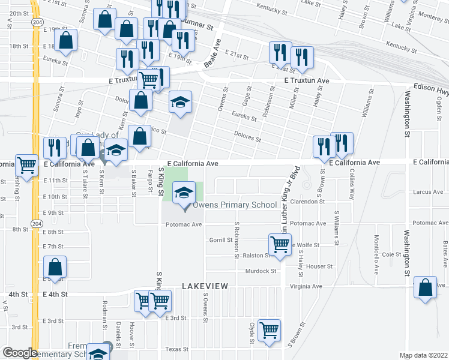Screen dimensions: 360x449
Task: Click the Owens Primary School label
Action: tap(234, 205)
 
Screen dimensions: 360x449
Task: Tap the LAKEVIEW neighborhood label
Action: tap(205, 287)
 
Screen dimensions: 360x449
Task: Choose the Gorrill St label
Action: tap(221, 240)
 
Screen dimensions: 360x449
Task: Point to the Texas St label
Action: tap(177, 349)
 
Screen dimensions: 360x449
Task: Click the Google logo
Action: tap(19, 353)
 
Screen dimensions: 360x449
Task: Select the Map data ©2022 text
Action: tap(424, 355)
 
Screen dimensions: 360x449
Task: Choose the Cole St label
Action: tap(391, 254)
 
